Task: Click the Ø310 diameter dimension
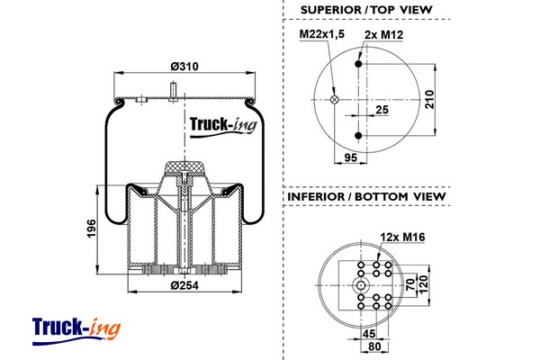click(x=184, y=67)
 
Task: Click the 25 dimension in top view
click(x=382, y=110)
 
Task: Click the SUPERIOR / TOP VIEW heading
click(x=366, y=10)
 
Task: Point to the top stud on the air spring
click(x=171, y=90)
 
